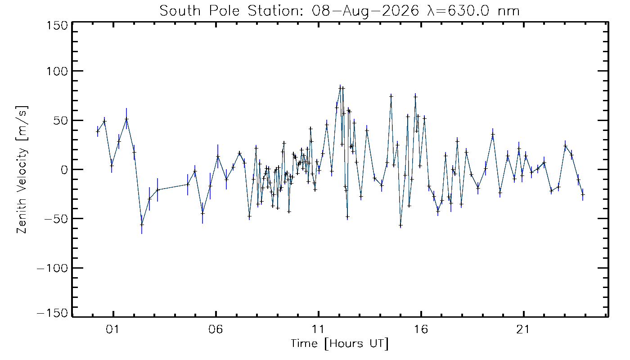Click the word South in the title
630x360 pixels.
click(x=180, y=11)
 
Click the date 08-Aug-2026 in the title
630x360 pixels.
click(x=365, y=12)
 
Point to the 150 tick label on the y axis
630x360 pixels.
click(x=57, y=26)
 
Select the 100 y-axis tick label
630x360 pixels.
click(x=57, y=71)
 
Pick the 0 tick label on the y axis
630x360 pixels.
click(x=65, y=170)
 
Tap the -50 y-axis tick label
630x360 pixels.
click(x=56, y=219)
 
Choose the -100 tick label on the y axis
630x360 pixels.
click(x=53, y=268)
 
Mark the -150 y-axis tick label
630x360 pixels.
click(x=53, y=313)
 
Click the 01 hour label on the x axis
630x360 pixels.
click(x=112, y=329)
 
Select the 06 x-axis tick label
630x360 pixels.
click(x=216, y=329)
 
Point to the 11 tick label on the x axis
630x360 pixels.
click(x=318, y=329)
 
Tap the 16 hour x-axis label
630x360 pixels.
click(x=421, y=329)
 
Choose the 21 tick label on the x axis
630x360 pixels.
click(x=523, y=329)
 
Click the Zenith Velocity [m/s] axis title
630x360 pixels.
click(x=22, y=170)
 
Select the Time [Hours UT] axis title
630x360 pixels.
click(x=339, y=344)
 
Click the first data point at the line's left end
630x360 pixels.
click(x=98, y=131)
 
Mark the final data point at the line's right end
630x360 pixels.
click(x=582, y=194)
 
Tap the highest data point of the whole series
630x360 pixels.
click(x=340, y=88)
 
